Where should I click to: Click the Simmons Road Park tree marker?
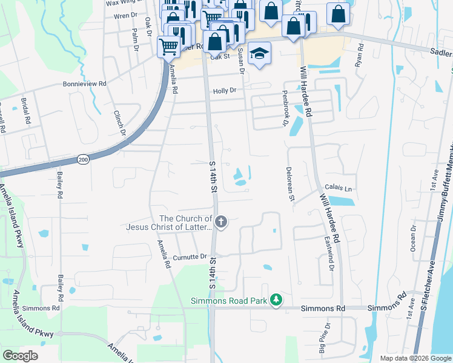click(276, 299)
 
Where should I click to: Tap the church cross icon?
click(221, 222)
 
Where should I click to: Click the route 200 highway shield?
click(84, 159)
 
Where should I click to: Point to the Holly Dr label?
click(224, 91)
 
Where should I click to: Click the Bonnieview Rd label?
click(84, 84)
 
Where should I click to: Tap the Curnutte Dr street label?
click(190, 257)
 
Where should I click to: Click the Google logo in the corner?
click(21, 355)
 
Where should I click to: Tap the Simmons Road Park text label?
click(229, 301)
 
